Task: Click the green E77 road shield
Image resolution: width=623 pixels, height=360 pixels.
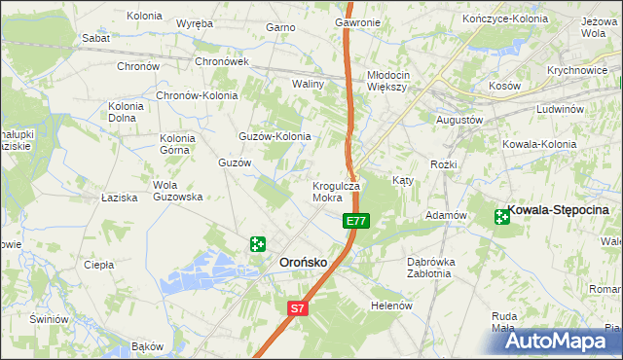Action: (355, 222)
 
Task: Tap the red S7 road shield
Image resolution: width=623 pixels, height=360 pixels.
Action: (298, 309)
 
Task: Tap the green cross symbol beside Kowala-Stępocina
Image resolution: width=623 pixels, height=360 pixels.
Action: (503, 216)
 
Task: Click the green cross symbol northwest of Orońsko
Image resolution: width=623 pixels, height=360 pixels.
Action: (257, 244)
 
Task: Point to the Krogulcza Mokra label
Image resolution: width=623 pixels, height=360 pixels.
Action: (336, 191)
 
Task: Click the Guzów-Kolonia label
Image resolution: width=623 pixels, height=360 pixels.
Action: (275, 136)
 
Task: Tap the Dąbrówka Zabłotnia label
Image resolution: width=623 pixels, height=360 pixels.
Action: (431, 268)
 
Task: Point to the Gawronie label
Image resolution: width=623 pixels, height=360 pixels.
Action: (357, 21)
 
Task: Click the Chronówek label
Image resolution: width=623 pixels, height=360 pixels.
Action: (223, 61)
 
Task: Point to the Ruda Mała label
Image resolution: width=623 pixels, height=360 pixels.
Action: (503, 321)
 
